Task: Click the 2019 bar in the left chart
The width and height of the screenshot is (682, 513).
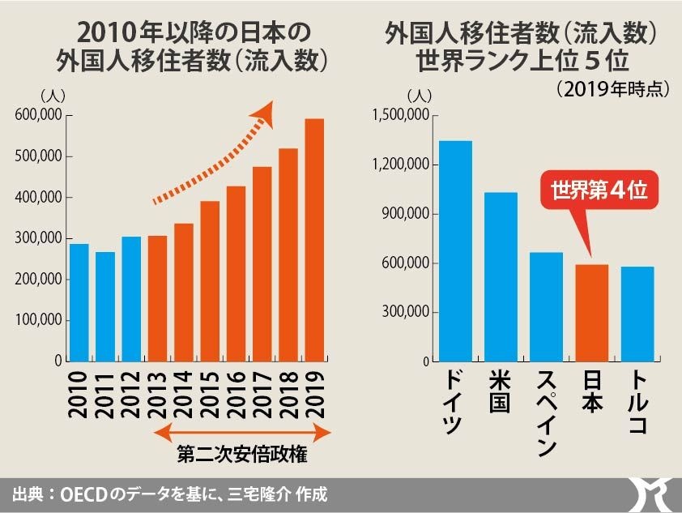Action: pyautogui.click(x=314, y=240)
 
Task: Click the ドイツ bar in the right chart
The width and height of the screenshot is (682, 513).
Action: pyautogui.click(x=455, y=251)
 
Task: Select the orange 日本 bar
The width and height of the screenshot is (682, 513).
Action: pyautogui.click(x=592, y=312)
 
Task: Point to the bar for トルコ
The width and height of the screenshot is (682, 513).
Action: pyautogui.click(x=637, y=314)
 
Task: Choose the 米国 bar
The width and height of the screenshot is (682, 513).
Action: pyautogui.click(x=501, y=276)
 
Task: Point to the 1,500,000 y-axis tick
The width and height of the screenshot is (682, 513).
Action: pyautogui.click(x=400, y=116)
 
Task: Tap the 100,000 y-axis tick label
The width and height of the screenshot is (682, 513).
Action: pyautogui.click(x=39, y=320)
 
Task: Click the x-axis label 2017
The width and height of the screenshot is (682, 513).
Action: pyautogui.click(x=262, y=395)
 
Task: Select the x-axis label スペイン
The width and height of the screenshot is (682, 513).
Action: pyautogui.click(x=547, y=413)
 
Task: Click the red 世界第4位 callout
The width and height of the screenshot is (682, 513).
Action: pyautogui.click(x=599, y=191)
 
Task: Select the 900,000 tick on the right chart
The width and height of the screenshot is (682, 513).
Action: pyautogui.click(x=406, y=214)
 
